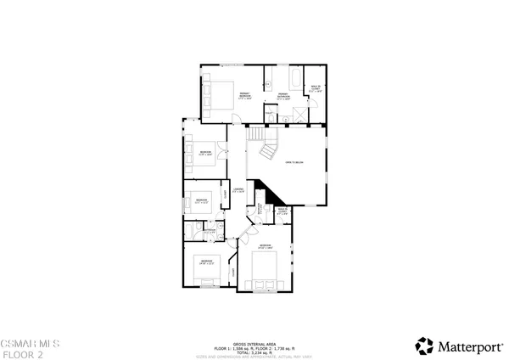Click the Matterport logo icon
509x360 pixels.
click(x=423, y=345)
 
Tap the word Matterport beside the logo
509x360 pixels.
click(x=464, y=346)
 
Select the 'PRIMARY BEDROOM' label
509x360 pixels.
click(x=243, y=97)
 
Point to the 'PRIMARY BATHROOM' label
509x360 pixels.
click(x=283, y=97)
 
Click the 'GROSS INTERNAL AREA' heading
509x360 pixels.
click(x=254, y=338)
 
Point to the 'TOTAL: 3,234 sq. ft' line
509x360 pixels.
click(x=254, y=351)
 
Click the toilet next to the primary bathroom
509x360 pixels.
click(x=270, y=117)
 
